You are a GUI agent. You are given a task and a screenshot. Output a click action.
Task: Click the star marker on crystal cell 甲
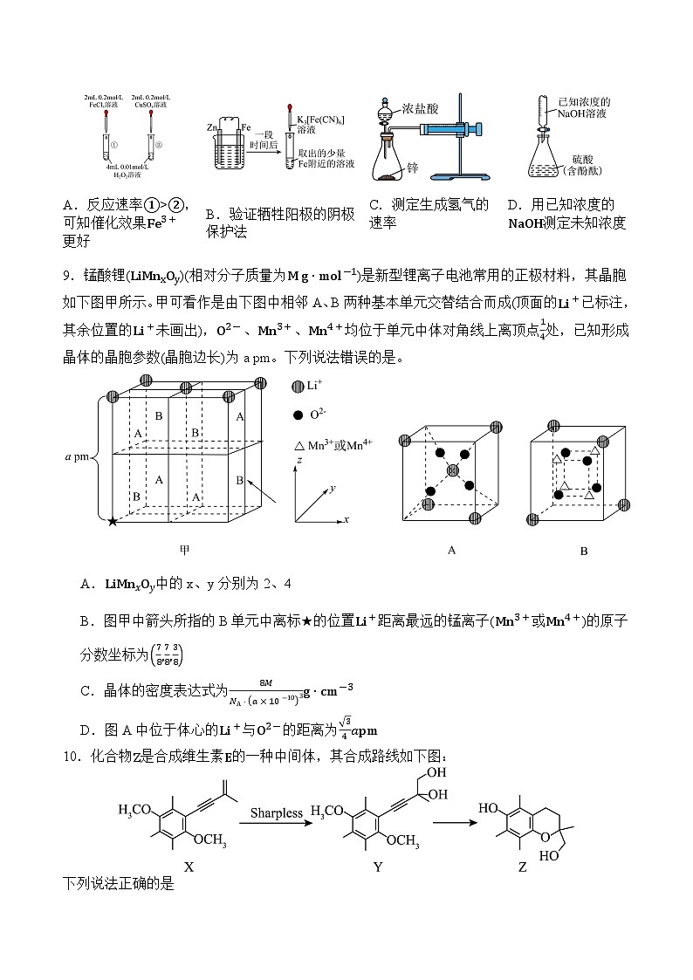point(112,521)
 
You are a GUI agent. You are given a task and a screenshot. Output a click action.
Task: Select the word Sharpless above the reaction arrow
point(277,813)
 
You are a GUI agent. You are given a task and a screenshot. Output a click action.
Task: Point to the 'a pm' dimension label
point(78,456)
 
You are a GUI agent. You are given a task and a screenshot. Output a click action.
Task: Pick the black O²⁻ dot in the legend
point(298,415)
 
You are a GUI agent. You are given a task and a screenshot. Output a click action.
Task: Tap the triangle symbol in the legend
point(298,445)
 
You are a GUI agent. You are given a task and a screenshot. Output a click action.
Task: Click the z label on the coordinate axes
point(298,460)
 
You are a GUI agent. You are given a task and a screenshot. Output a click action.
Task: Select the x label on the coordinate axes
point(346,519)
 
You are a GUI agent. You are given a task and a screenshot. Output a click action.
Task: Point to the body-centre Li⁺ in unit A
point(452,471)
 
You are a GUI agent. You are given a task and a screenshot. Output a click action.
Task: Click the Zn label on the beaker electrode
point(211,128)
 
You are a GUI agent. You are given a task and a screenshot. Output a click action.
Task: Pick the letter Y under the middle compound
point(377,867)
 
